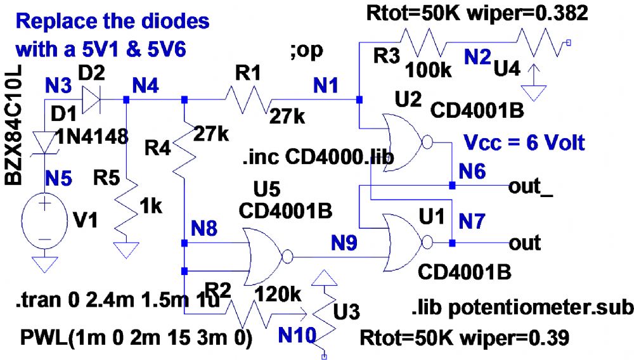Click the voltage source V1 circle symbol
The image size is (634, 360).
coord(45,222)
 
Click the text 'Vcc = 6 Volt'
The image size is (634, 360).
coord(522,142)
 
